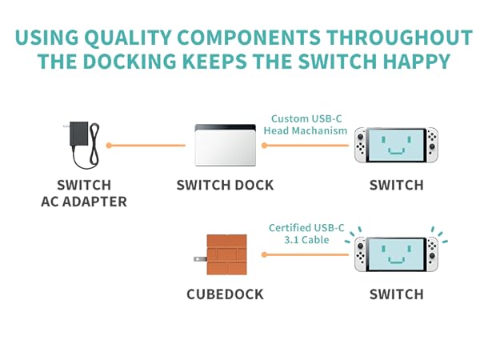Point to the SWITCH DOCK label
[225, 186]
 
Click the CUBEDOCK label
[225, 294]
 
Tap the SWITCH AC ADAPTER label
[84, 194]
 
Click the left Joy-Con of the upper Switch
[362, 145]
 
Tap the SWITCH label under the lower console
[396, 294]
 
